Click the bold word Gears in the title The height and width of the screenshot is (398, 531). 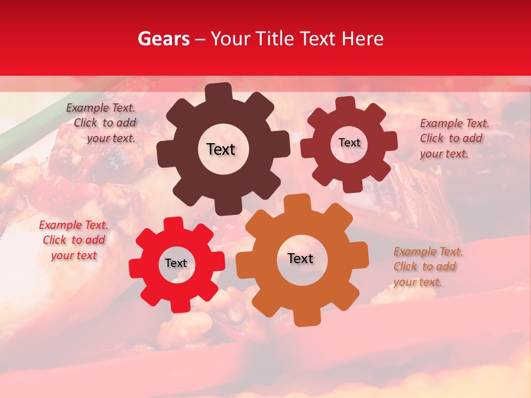pyautogui.click(x=163, y=39)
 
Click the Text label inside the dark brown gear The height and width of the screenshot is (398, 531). pyautogui.click(x=221, y=149)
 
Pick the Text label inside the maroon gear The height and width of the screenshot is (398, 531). pyautogui.click(x=349, y=143)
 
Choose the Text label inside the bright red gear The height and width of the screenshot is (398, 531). pyautogui.click(x=176, y=263)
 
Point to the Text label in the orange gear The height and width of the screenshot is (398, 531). pyautogui.click(x=300, y=258)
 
